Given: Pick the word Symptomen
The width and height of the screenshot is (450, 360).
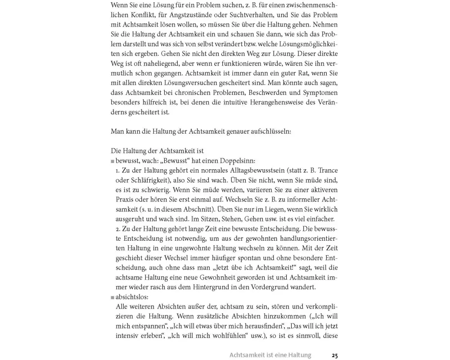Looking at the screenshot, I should click(x=319, y=92).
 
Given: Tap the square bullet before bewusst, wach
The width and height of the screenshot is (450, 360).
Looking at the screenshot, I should click(x=112, y=161).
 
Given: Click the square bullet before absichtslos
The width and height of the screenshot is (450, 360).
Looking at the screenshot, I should click(x=112, y=297).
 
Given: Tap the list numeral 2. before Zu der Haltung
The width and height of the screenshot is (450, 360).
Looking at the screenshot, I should click(x=117, y=229).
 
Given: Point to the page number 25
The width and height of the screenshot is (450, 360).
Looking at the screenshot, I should click(x=334, y=355).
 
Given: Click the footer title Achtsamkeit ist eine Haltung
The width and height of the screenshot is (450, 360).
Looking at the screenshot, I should click(x=270, y=355).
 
